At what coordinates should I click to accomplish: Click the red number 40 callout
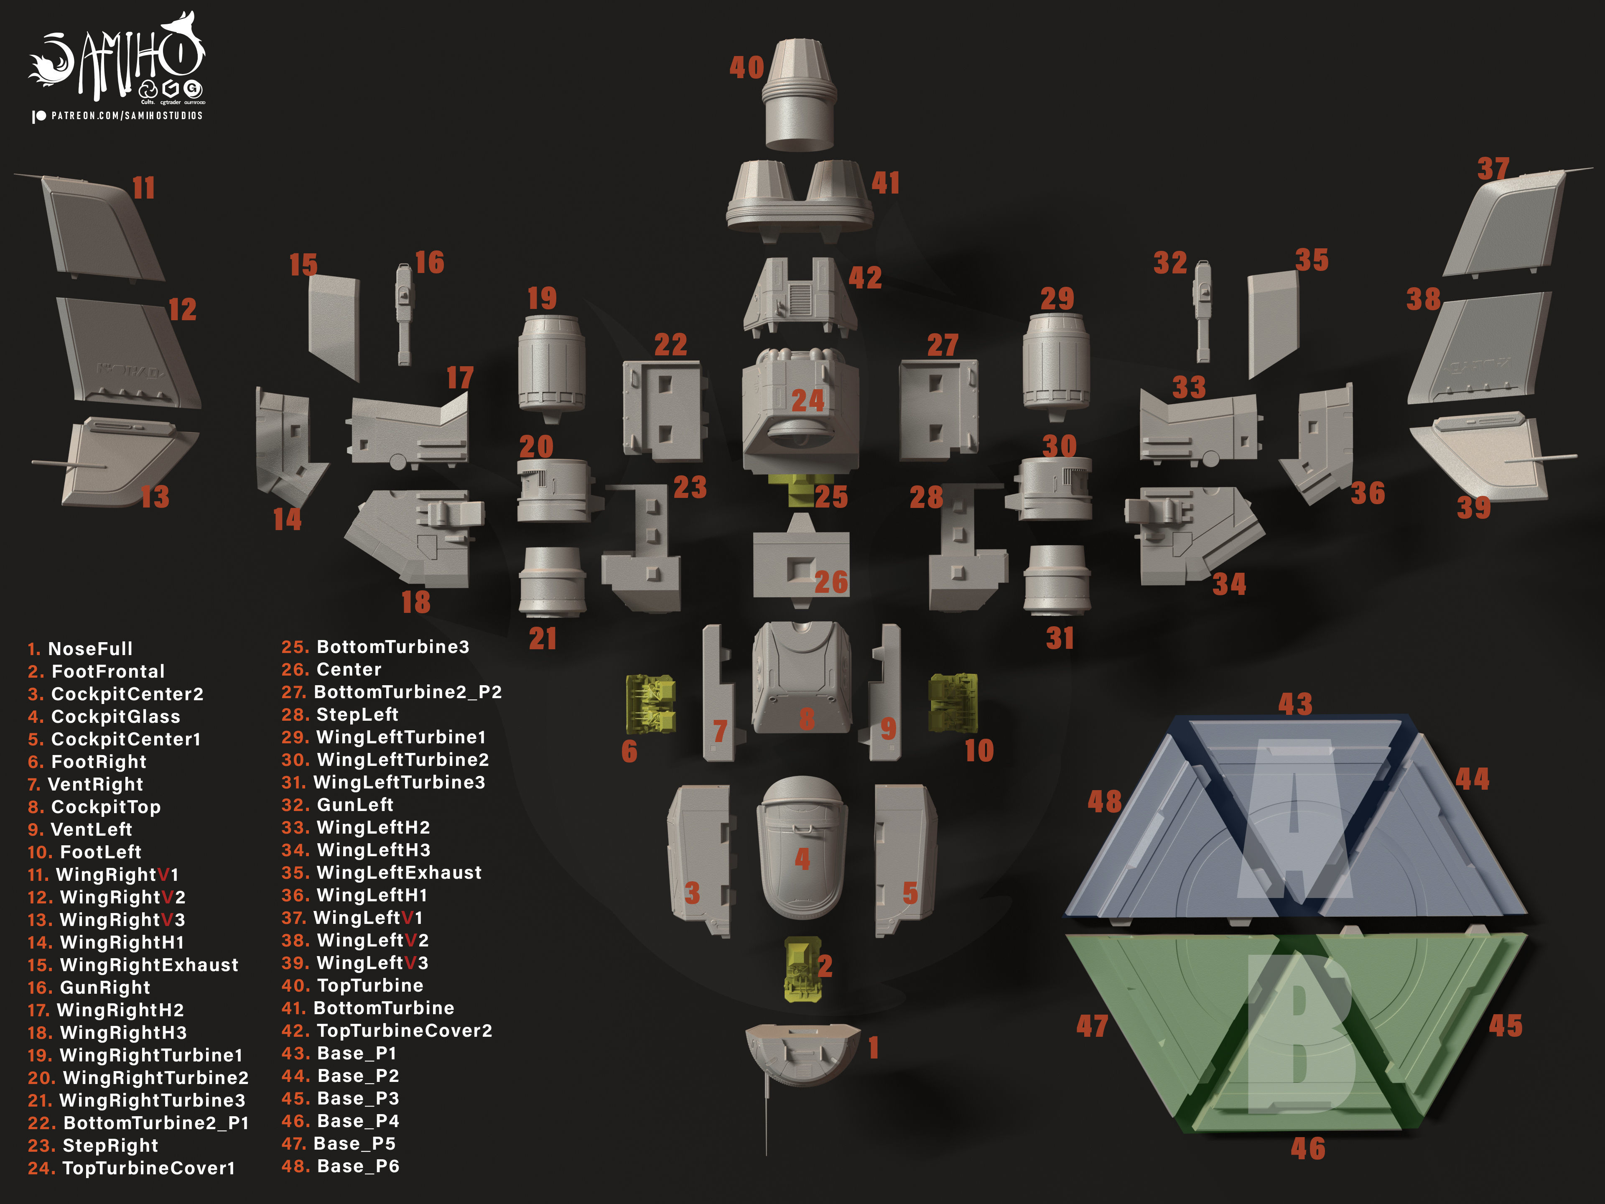[746, 67]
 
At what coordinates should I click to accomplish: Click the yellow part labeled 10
[953, 702]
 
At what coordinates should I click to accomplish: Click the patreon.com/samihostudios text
[127, 115]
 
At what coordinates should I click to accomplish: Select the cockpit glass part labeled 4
[801, 848]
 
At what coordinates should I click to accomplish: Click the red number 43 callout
[1295, 704]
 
